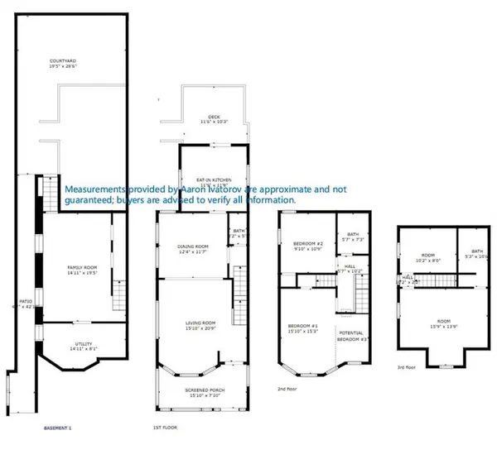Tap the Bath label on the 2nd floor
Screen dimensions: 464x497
point(353,234)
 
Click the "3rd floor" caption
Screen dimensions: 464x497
point(406,366)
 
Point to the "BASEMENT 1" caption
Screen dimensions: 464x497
point(58,428)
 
